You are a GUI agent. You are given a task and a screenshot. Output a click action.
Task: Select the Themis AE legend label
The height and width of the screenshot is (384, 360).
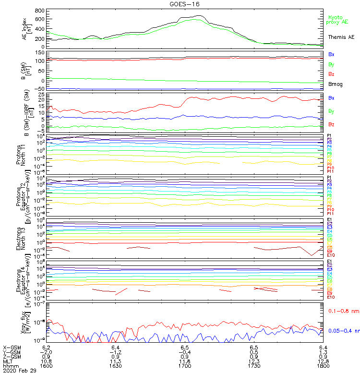coord(341,37)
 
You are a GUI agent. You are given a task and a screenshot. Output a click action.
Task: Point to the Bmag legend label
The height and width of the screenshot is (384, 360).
coord(335,84)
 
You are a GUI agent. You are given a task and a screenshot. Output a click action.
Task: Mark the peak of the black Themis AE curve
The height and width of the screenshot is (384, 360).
coord(198,16)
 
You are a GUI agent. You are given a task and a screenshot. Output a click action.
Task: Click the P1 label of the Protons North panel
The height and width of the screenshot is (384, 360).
coord(330,136)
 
